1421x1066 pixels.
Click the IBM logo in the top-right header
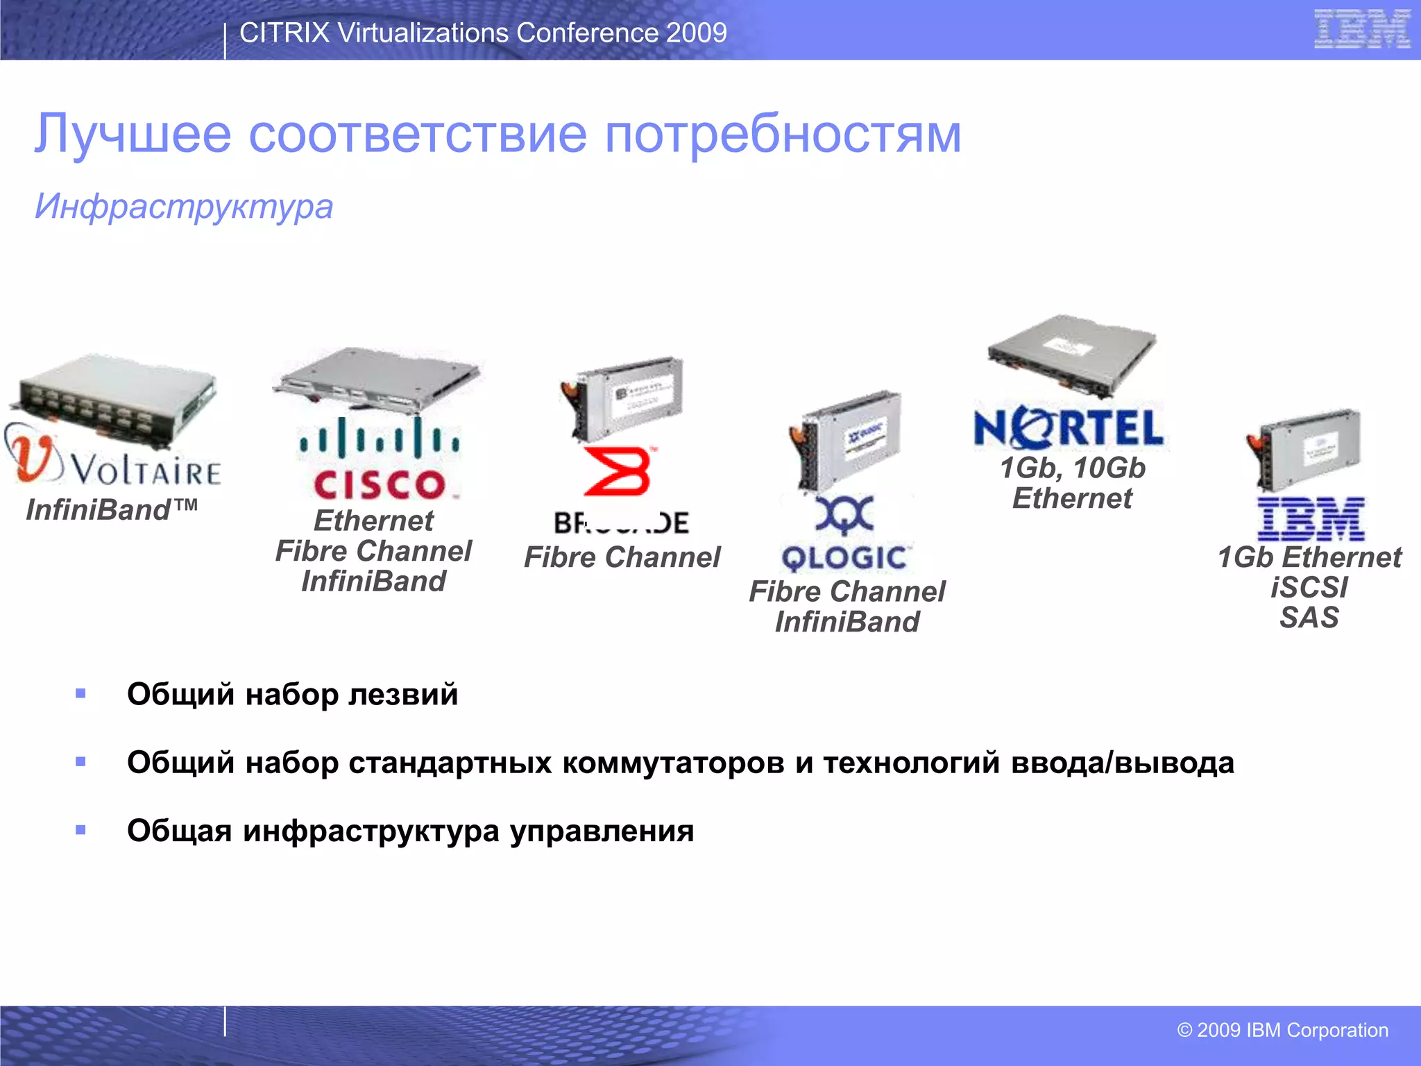pyautogui.click(x=1361, y=29)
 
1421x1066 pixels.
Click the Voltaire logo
pyautogui.click(x=114, y=462)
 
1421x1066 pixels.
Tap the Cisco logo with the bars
pyautogui.click(x=378, y=458)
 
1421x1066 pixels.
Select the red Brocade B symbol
pyautogui.click(x=618, y=472)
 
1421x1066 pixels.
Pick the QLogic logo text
pyautogui.click(x=844, y=558)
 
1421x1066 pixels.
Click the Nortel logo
pyautogui.click(x=1069, y=428)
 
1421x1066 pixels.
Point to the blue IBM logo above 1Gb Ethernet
pyautogui.click(x=1311, y=519)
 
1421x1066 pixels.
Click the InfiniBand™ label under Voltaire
pyautogui.click(x=111, y=510)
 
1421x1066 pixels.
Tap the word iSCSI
pyautogui.click(x=1309, y=588)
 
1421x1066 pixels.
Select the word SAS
pyautogui.click(x=1309, y=618)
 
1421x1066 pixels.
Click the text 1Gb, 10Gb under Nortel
pyautogui.click(x=1072, y=468)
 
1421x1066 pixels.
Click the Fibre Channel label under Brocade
pyautogui.click(x=622, y=557)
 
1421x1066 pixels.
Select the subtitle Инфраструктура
pyautogui.click(x=184, y=207)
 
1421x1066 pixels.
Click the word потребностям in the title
pyautogui.click(x=783, y=133)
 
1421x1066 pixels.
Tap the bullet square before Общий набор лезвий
pyautogui.click(x=80, y=693)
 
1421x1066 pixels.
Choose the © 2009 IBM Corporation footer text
pyautogui.click(x=1282, y=1030)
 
